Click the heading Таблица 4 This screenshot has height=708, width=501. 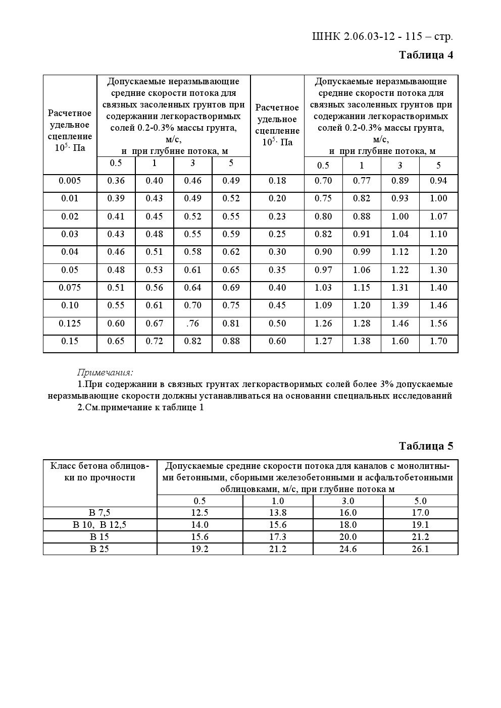pos(426,55)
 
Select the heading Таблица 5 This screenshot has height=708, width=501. pos(426,446)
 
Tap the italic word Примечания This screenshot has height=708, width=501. pos(105,373)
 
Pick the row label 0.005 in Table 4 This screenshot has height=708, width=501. pos(70,181)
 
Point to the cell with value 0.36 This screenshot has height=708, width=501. pos(116,181)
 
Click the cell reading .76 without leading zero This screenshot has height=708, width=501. pos(192,323)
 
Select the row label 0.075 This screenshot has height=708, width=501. pos(70,288)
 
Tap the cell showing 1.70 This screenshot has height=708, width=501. pos(438,341)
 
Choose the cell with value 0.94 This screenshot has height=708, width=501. pos(438,181)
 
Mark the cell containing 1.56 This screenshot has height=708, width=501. pos(438,323)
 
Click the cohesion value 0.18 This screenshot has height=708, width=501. pos(277,181)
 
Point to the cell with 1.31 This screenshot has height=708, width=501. pos(400,288)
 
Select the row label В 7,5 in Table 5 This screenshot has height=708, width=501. pos(100,513)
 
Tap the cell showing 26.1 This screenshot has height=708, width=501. pos(420,549)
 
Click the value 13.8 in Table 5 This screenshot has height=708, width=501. pos(278,513)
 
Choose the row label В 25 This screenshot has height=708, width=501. pos(99,549)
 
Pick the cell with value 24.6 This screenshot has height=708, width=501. pos(348,549)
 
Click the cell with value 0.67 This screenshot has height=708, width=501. pos(154,323)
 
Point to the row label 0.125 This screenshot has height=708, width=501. pos(70,323)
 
